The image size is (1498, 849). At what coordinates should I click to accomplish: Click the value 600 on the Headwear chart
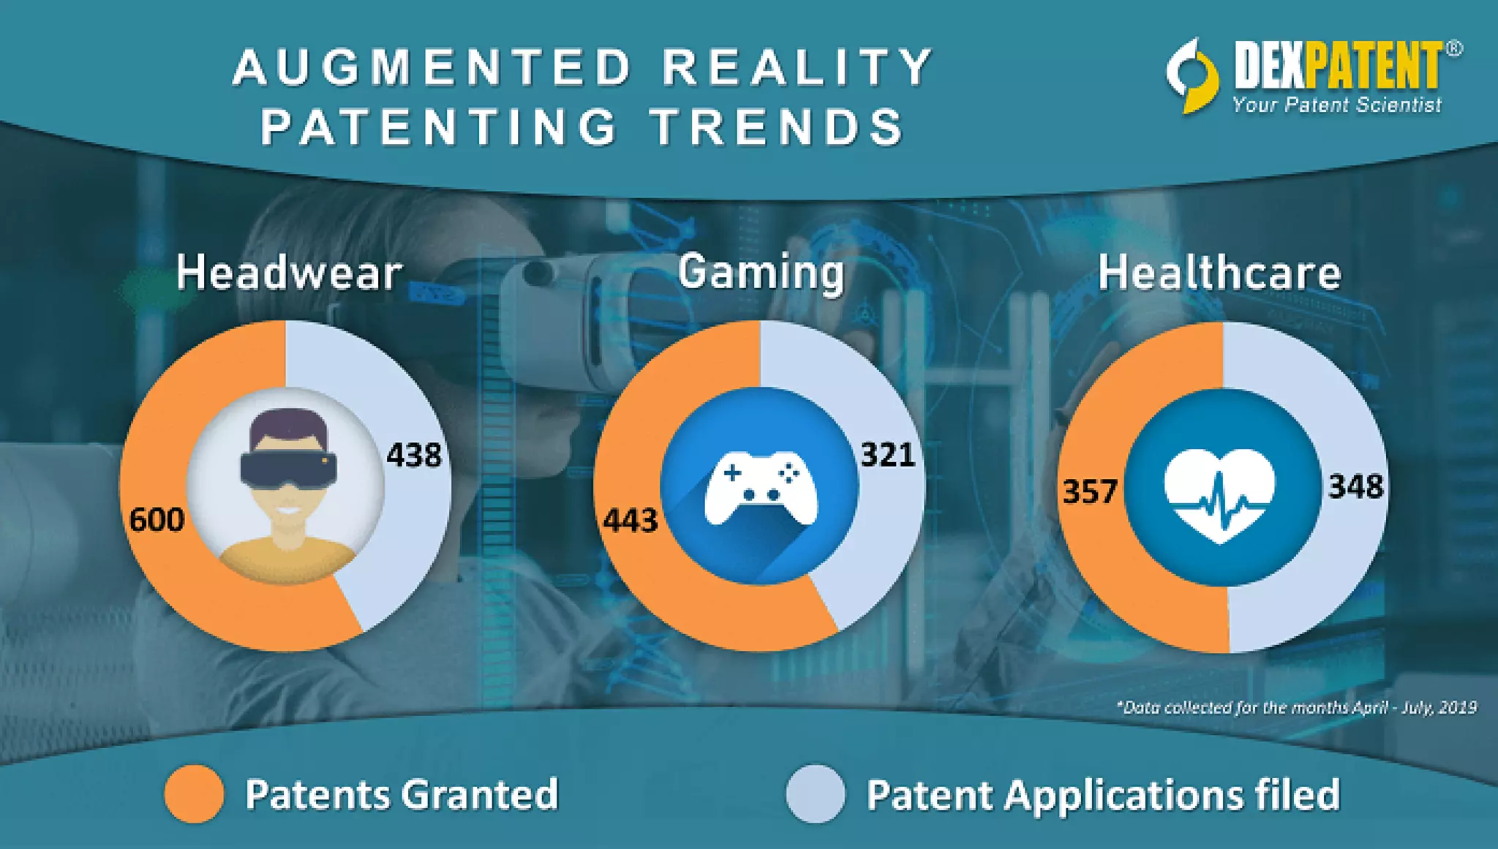(x=157, y=520)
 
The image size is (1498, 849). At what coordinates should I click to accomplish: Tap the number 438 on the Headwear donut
(x=414, y=455)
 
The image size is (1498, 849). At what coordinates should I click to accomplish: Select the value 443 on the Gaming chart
(x=630, y=521)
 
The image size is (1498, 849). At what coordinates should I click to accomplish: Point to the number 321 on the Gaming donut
(x=887, y=455)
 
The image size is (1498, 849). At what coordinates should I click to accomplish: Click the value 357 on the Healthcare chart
(x=1090, y=491)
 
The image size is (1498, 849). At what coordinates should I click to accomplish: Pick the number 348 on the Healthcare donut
(x=1355, y=486)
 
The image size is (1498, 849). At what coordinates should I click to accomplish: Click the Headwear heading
(x=289, y=273)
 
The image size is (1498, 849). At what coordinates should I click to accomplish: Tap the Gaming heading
(x=761, y=272)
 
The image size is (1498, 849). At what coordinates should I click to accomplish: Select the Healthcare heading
(x=1219, y=273)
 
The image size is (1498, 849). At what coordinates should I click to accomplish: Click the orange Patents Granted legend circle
(x=194, y=794)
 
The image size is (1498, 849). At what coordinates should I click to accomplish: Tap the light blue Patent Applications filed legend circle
(x=816, y=794)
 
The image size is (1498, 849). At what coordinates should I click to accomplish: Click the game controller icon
(x=761, y=488)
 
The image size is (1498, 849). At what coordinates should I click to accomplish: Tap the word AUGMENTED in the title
(x=432, y=67)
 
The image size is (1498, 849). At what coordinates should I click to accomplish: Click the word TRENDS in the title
(x=777, y=127)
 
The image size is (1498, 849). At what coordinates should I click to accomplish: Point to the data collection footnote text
(x=1295, y=707)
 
